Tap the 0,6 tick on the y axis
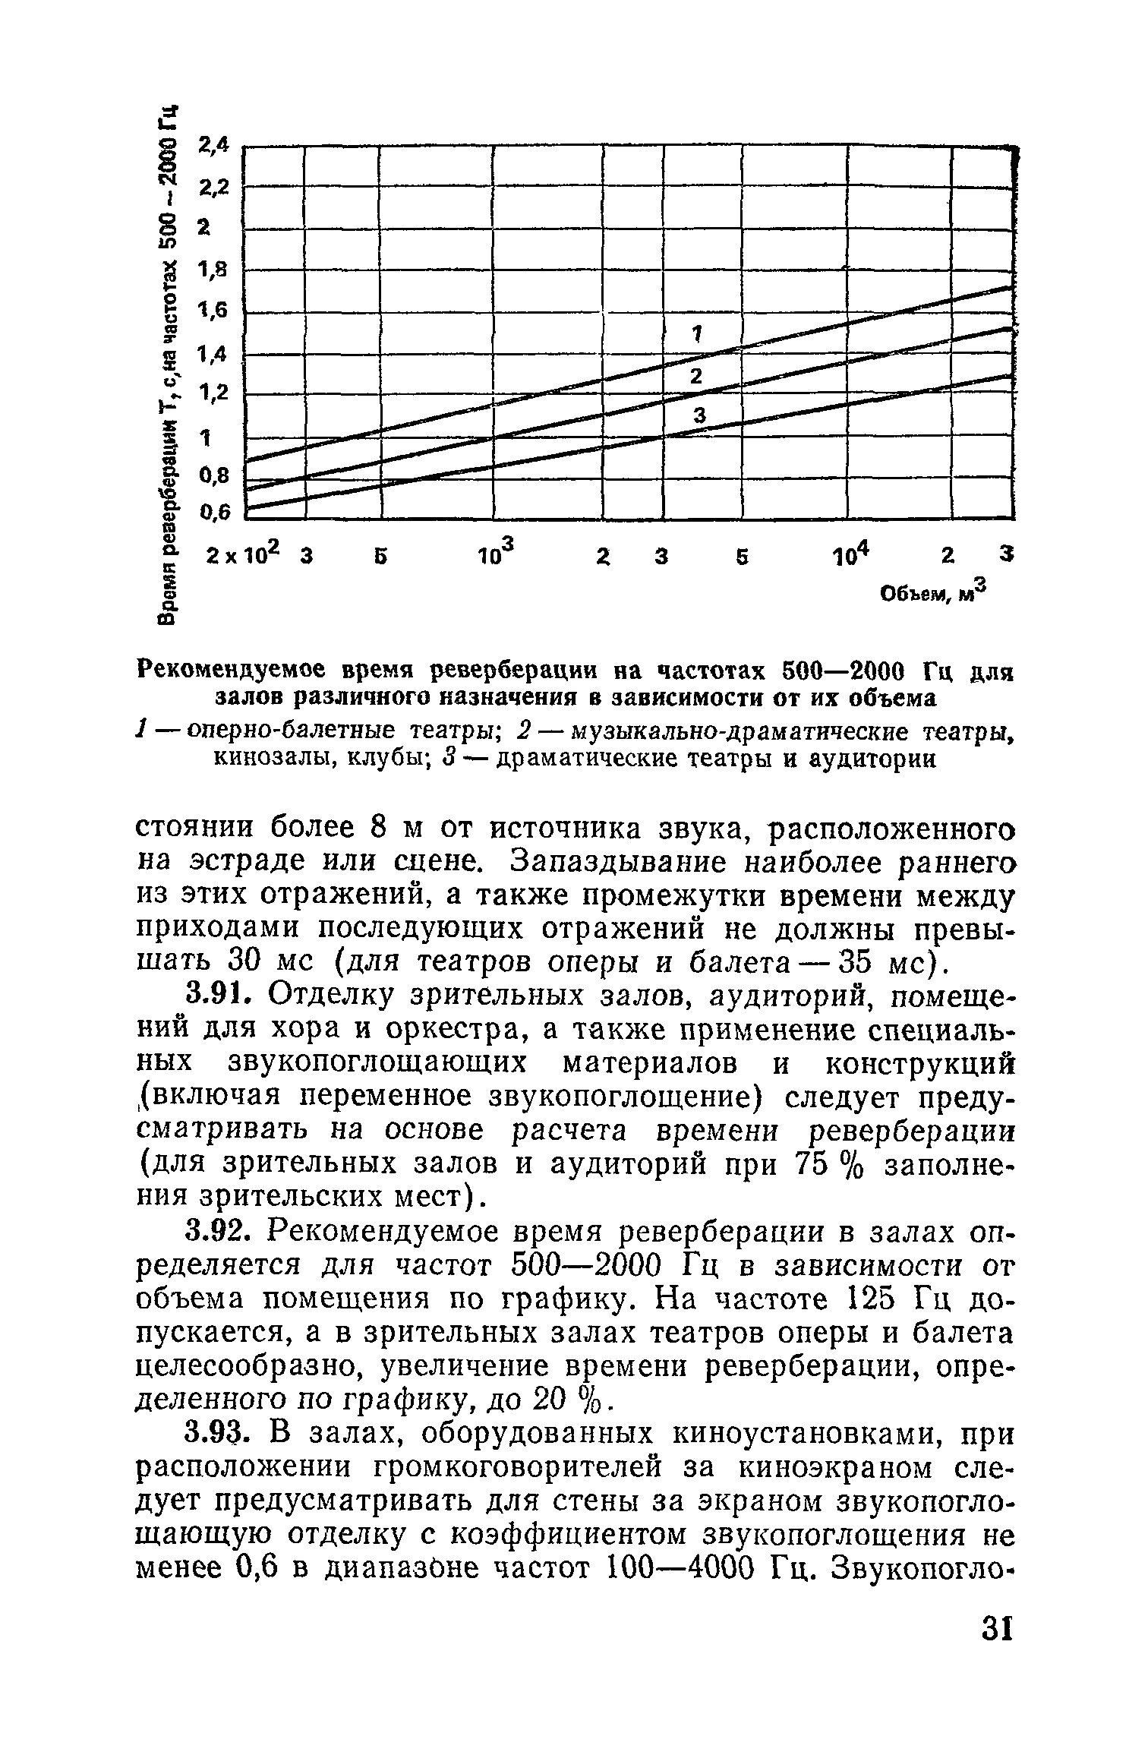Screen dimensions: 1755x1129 click(213, 514)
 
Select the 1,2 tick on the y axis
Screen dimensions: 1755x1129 click(213, 393)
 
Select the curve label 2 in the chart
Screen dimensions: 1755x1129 click(695, 375)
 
